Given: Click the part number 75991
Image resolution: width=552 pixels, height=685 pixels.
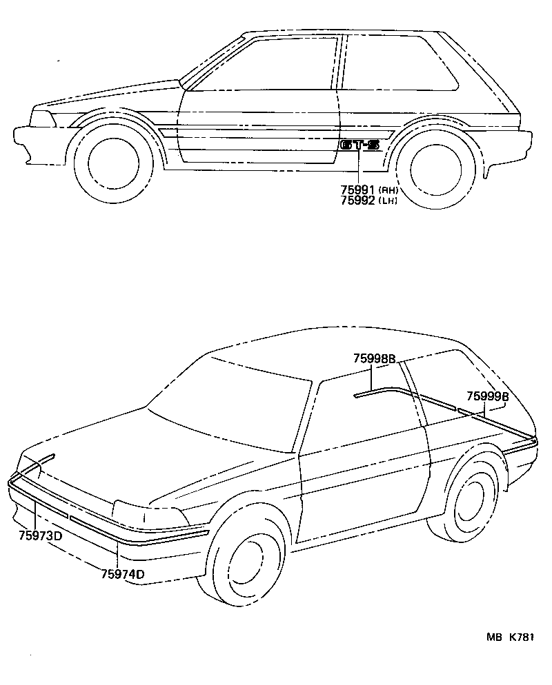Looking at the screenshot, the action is click(x=357, y=190).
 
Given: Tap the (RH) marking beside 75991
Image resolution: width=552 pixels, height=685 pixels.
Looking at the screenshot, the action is click(x=388, y=190).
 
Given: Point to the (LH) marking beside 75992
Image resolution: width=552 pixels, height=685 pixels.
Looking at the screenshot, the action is click(x=388, y=201).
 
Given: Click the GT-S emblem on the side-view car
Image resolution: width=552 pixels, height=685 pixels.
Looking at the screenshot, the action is click(x=359, y=145).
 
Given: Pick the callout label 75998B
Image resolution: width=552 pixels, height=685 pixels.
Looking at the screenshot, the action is click(x=375, y=358).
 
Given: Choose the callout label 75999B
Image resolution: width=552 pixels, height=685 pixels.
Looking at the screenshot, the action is click(x=488, y=396).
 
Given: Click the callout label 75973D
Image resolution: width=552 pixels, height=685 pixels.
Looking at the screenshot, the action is click(x=40, y=535).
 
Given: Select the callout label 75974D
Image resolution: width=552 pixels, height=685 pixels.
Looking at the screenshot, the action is click(x=122, y=573).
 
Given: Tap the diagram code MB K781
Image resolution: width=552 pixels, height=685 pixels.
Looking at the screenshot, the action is click(x=510, y=637).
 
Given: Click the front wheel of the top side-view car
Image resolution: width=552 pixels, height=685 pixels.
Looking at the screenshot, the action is click(x=114, y=163).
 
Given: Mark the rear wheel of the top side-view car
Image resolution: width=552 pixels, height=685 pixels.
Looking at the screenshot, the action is click(x=436, y=168).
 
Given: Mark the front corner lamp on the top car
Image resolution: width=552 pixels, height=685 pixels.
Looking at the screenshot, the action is click(x=42, y=119).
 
